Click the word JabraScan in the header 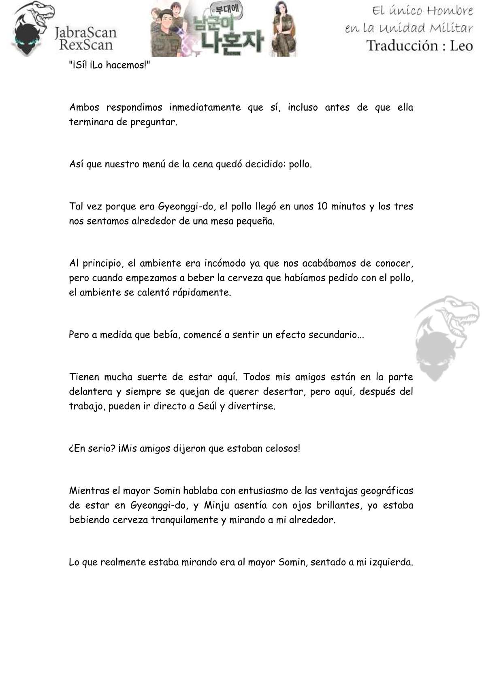tap(85, 32)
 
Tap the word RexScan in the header tap(85, 44)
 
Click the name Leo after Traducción tap(461, 45)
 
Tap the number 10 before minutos tap(322, 207)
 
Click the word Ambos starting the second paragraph tap(84, 108)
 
